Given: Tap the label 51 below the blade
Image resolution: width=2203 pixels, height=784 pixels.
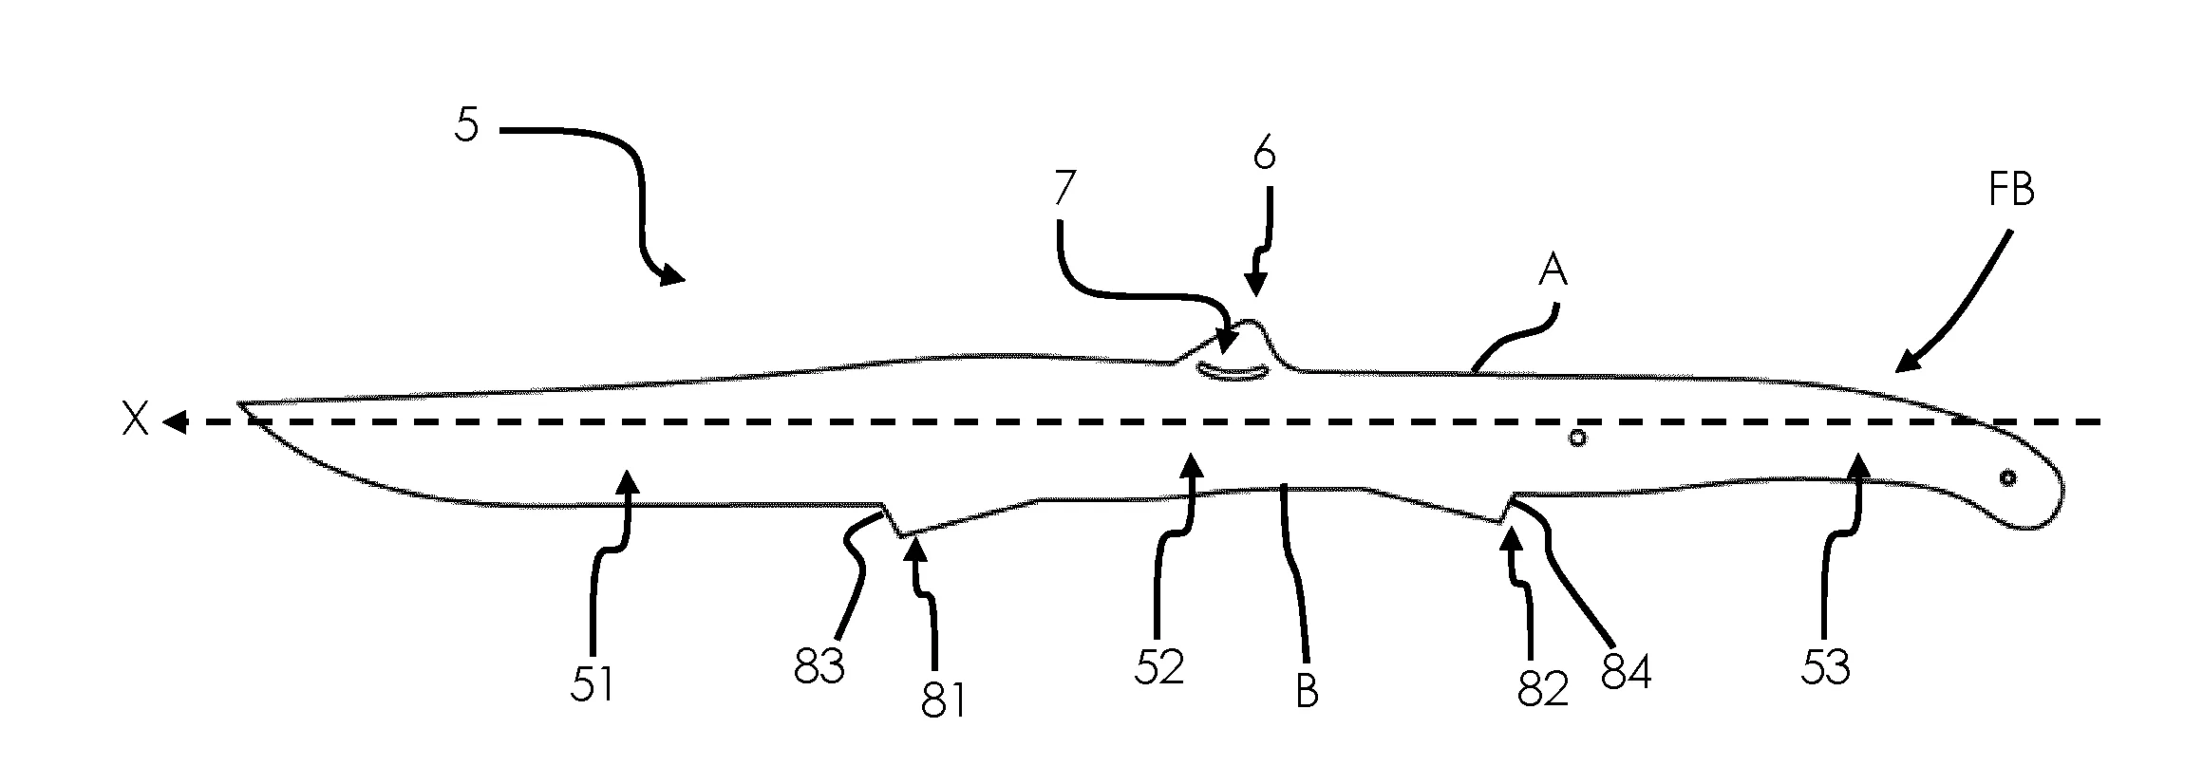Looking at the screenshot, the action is pos(593,684).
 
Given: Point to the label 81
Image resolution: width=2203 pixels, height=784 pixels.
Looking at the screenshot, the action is pos(943,700).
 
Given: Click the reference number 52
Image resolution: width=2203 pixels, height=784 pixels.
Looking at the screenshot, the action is pos(1159,668).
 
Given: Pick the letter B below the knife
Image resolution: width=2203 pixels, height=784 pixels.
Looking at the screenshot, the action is pos(1308,691).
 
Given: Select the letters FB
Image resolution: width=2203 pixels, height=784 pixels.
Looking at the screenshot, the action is pos(2010,191).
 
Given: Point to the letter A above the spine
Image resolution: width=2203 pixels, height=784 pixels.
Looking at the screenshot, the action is pos(1552,272).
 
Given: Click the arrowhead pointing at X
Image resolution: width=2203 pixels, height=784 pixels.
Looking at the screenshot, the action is pos(174,421).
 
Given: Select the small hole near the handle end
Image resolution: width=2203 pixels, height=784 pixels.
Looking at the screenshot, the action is pos(2007,478).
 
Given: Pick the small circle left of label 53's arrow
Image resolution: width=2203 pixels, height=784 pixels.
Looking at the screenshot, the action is pos(1577,439).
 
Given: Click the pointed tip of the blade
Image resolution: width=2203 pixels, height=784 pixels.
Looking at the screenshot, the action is pos(239,403).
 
